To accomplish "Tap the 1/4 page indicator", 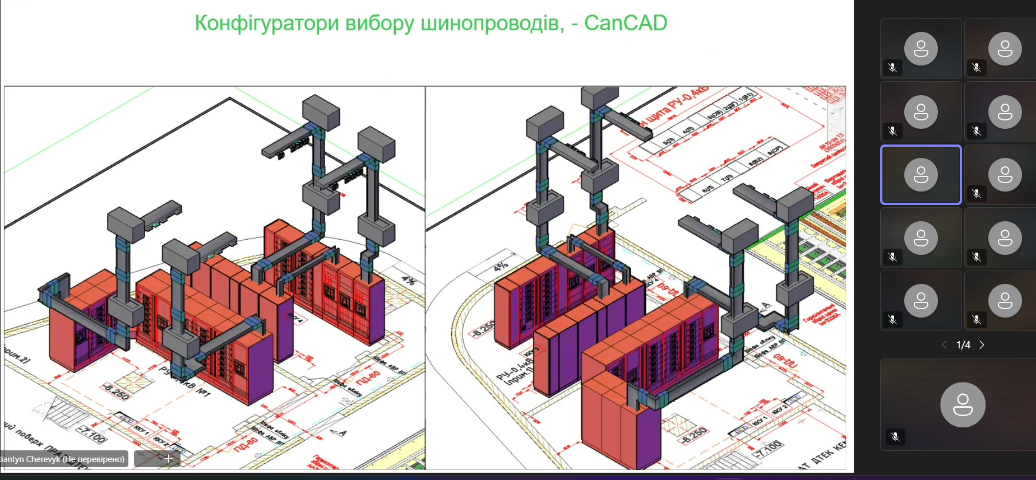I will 963,345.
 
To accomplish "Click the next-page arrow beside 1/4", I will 982,345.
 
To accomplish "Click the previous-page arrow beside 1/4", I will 945,345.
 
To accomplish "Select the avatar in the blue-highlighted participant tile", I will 921,175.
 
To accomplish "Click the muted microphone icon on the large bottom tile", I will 895,436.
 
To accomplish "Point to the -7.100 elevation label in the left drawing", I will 91,434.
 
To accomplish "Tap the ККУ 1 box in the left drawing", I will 141,430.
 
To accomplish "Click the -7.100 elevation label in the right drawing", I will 768,449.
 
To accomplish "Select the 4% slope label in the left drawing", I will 409,280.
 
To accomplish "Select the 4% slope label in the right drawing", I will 501,266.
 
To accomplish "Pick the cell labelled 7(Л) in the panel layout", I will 727,178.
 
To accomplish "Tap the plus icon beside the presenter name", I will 168,458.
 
